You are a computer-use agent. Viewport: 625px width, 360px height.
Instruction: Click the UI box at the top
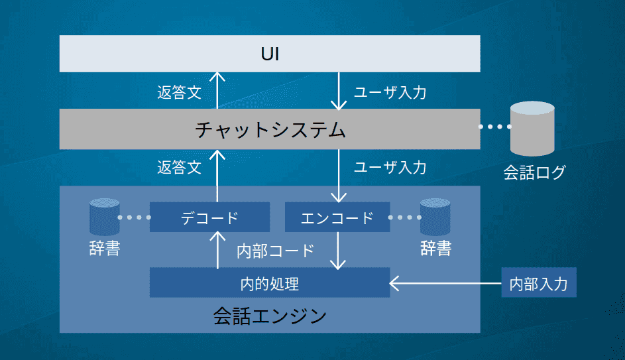270,54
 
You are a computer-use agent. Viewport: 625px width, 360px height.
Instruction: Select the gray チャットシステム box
270,129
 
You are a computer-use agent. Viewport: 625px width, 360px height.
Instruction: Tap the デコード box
209,217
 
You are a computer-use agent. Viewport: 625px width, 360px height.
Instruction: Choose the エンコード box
337,217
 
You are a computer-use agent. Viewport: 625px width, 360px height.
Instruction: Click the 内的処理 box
270,282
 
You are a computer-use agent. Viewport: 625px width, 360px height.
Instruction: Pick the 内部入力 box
538,282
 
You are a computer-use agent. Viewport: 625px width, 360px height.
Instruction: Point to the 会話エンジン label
270,316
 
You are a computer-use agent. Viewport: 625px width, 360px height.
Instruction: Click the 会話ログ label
534,172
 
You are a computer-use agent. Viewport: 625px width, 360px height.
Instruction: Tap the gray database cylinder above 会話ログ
532,129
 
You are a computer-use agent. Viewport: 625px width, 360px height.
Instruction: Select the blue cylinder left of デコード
105,217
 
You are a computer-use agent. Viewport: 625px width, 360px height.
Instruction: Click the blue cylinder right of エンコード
435,217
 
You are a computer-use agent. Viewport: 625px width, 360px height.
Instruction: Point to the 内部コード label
276,251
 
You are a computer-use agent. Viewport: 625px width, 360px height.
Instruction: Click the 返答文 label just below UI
180,93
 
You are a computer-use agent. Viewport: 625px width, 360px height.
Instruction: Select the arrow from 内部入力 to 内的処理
445,284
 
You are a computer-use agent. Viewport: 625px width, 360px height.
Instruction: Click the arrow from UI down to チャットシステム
339,91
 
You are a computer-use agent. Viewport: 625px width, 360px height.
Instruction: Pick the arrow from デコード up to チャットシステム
217,176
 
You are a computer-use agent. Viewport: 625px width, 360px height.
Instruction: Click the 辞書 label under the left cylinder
105,249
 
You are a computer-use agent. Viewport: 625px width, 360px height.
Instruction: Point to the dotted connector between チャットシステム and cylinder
495,127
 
